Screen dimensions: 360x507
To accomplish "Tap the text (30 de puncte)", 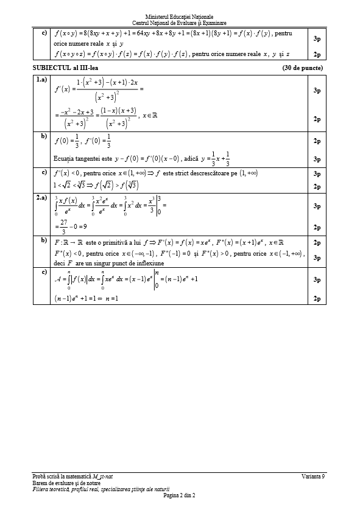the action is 302,68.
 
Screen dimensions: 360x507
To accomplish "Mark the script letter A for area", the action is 57,280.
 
